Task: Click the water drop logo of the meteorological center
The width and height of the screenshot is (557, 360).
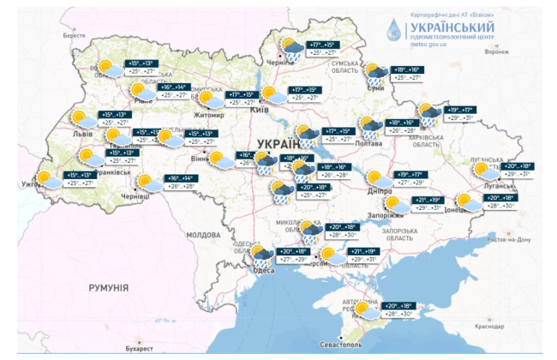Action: click(392, 27)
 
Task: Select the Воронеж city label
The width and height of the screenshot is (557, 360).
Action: click(497, 51)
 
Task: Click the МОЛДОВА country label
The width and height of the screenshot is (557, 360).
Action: click(204, 234)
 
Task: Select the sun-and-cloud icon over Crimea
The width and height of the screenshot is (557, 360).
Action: click(366, 309)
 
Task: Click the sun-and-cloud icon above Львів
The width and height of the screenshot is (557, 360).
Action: click(79, 118)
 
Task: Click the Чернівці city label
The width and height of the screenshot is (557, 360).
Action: click(135, 195)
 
